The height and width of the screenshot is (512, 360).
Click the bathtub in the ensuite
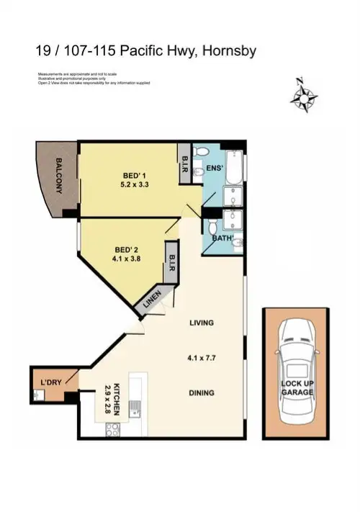coord(234,167)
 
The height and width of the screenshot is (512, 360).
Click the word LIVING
coord(202,323)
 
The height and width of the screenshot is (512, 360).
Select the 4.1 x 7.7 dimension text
coord(202,356)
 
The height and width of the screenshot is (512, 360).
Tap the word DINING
coord(202,392)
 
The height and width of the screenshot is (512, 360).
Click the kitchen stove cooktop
coord(113,430)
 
